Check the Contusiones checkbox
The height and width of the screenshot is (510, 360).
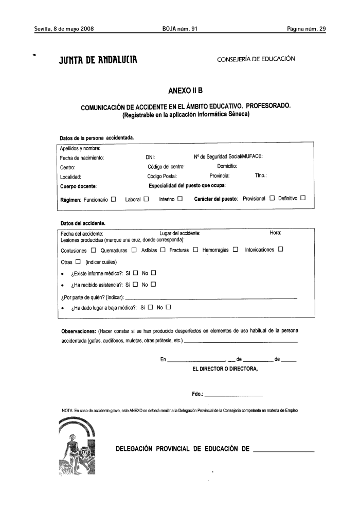coord(94,251)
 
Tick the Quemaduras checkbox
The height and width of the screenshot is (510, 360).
coord(134,251)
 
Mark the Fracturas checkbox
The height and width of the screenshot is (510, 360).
coord(195,251)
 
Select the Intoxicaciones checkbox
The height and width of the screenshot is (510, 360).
coord(280,251)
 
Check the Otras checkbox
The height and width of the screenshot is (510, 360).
coord(78,262)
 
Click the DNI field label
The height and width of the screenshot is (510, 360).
coord(151,158)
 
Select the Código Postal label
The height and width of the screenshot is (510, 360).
coord(162,177)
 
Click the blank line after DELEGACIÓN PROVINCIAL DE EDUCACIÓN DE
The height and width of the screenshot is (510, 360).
coord(284,451)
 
